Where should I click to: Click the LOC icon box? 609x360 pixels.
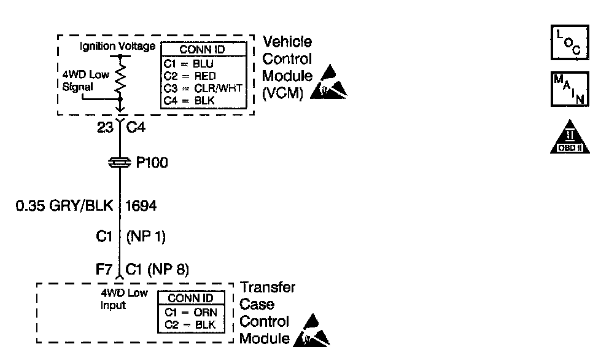point(568,42)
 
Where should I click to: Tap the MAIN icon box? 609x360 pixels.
point(568,89)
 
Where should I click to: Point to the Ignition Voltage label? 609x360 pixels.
point(117,47)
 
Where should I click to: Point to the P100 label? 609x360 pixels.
point(151,163)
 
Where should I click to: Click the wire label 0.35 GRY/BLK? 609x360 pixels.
point(64,206)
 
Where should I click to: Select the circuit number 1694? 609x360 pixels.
point(141,206)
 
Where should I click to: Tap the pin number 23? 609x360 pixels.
point(105,129)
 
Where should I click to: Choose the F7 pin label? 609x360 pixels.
point(105,268)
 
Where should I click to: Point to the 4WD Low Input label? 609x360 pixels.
point(123,299)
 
